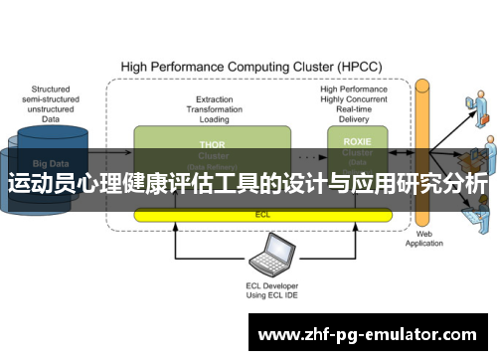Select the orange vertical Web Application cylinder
[x=422, y=149]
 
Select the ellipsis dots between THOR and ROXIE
[x=309, y=156]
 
